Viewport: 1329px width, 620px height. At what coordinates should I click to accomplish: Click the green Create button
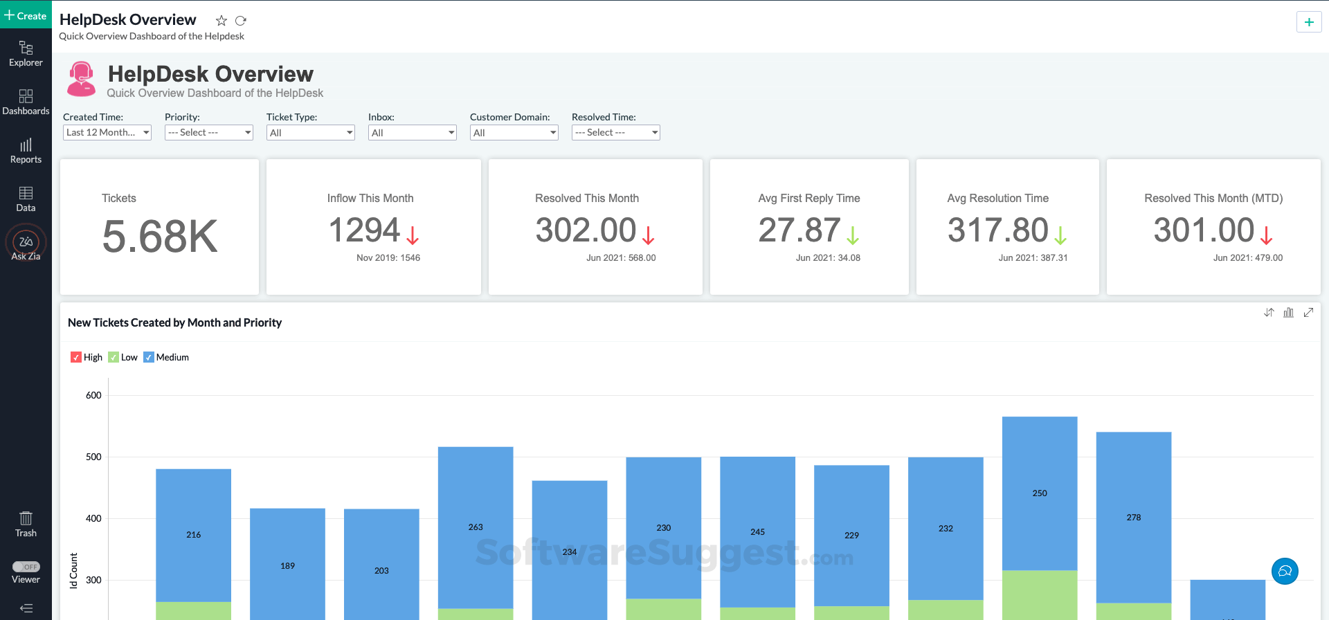click(x=26, y=15)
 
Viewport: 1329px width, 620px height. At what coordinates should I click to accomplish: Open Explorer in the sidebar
click(x=26, y=53)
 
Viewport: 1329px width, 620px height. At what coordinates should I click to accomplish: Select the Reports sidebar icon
click(x=26, y=150)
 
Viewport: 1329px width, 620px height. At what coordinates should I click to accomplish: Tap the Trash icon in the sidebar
click(x=26, y=523)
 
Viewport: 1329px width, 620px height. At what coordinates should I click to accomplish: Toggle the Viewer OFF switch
click(x=26, y=567)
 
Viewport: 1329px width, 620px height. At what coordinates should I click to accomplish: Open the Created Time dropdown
click(x=107, y=132)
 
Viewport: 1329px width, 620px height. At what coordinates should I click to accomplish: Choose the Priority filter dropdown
click(x=208, y=132)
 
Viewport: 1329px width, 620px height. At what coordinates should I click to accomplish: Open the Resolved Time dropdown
click(x=615, y=132)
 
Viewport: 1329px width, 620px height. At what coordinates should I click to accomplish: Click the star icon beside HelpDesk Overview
click(x=221, y=21)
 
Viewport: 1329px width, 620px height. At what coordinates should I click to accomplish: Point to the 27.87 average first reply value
click(x=799, y=230)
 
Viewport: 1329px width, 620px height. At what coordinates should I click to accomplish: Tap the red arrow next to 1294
click(x=413, y=235)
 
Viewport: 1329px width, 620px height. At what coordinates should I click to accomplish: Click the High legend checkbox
click(x=76, y=357)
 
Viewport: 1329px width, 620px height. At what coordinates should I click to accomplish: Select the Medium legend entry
click(x=166, y=357)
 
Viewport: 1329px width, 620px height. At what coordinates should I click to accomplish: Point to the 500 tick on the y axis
click(x=93, y=457)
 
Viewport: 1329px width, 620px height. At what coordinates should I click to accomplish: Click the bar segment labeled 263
click(x=476, y=527)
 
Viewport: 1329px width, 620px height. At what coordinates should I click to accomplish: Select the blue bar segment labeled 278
click(x=1134, y=517)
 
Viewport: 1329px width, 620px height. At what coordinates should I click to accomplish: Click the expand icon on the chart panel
click(x=1308, y=312)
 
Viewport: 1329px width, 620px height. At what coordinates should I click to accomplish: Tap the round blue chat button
click(x=1285, y=571)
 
